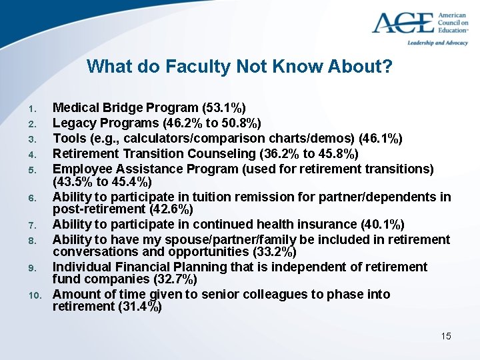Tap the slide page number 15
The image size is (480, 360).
(x=446, y=336)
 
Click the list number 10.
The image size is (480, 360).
(x=36, y=295)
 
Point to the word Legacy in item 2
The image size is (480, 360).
(x=73, y=123)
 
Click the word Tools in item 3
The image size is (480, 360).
(x=68, y=138)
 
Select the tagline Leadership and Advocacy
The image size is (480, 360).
(x=438, y=42)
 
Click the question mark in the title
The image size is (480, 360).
(x=387, y=67)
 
